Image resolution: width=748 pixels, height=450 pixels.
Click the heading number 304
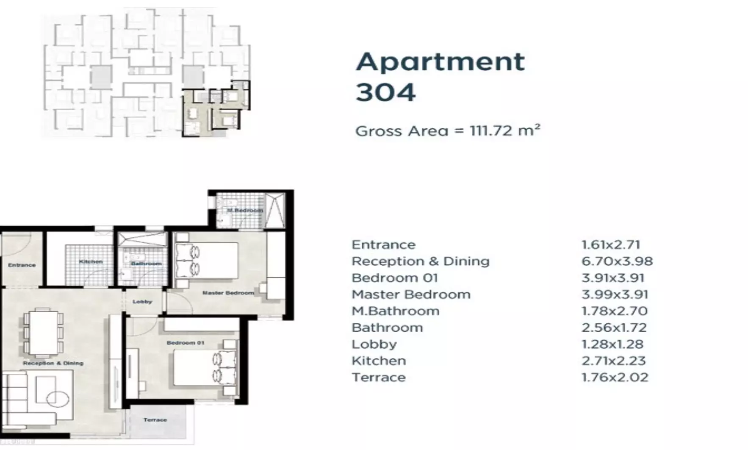(385, 92)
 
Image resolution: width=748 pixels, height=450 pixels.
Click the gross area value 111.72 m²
(504, 131)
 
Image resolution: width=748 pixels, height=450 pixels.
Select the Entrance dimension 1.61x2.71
(610, 245)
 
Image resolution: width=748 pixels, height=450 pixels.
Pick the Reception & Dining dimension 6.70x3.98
(617, 261)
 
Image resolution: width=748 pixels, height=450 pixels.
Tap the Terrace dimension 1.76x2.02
(615, 378)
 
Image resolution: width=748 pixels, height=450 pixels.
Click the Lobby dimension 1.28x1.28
(612, 344)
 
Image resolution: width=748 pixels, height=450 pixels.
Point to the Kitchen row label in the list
(379, 361)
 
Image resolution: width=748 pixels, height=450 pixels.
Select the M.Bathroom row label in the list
(395, 311)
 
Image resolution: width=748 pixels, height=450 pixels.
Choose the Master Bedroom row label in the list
(411, 294)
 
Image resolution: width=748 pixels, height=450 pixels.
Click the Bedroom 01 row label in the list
(394, 278)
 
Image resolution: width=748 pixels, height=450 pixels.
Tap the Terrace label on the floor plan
(155, 420)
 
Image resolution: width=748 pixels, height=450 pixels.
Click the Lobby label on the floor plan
(142, 302)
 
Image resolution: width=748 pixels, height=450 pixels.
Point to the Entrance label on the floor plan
(22, 265)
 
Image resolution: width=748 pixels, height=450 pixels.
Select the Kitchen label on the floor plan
(91, 262)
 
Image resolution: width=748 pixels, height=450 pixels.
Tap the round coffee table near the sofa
(58, 399)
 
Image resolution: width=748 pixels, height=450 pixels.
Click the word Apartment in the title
(440, 62)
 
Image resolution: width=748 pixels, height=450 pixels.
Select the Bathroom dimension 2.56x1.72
(614, 328)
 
